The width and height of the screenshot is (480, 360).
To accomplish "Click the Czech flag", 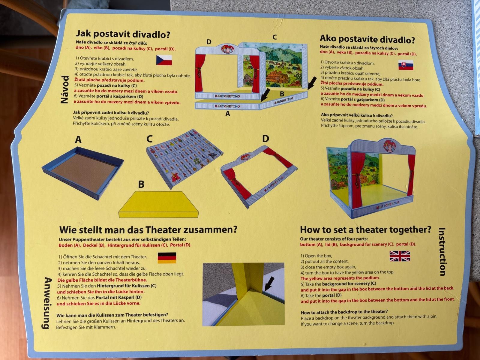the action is tap(164, 60).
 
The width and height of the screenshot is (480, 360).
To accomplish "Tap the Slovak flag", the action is tap(406, 65).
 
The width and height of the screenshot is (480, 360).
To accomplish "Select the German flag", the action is tap(167, 258).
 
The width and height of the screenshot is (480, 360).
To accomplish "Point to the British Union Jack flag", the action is tap(400, 256).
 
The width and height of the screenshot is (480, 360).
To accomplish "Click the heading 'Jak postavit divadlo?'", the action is tap(123, 34).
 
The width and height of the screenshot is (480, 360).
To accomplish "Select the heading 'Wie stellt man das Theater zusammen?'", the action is tap(148, 230).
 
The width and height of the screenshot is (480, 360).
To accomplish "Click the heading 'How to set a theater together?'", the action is tap(365, 230).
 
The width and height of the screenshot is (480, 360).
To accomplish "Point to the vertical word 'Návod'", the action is tap(65, 89).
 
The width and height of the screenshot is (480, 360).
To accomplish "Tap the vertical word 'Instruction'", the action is tap(442, 252).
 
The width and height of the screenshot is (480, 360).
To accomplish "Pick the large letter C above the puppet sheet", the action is tap(150, 139).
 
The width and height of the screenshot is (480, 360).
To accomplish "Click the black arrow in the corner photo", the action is tap(269, 283).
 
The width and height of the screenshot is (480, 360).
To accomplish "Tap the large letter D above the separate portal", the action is tap(265, 139).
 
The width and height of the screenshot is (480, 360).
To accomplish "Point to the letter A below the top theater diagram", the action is tap(228, 114).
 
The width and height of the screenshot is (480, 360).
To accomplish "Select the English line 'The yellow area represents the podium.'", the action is tap(340, 278).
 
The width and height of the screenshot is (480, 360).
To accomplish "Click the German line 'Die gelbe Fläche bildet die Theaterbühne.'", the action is tap(102, 280).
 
